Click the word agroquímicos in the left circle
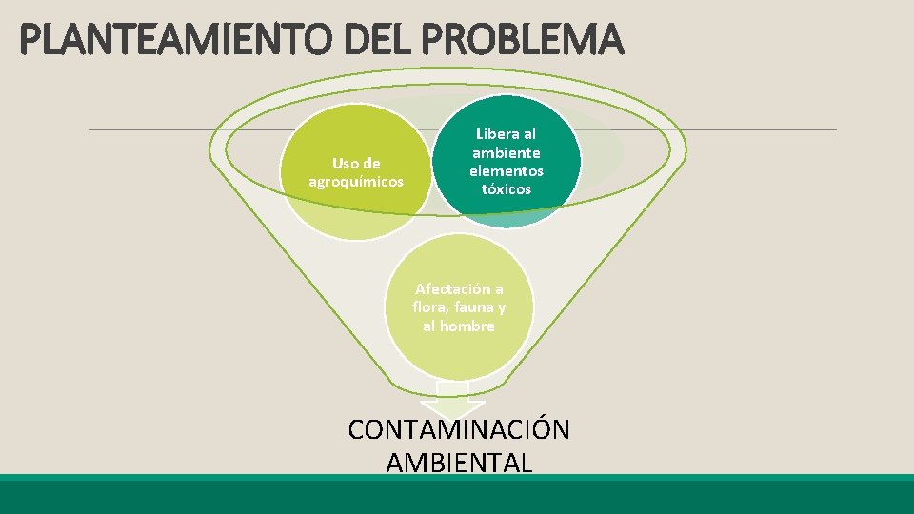356,181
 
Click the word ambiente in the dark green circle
507,153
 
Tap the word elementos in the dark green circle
507,171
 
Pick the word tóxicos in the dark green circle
507,189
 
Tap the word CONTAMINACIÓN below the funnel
459,429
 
